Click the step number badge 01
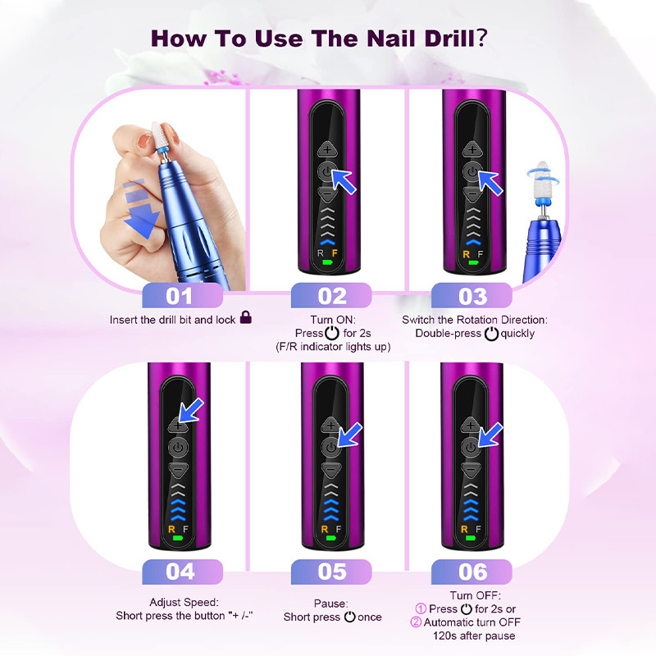tap(182, 296)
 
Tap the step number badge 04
tap(182, 572)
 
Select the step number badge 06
tap(471, 572)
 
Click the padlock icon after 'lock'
tap(246, 317)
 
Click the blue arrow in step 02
tap(344, 181)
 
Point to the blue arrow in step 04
tap(191, 410)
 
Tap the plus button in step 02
tap(327, 149)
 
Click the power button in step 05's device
tap(330, 447)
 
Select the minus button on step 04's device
tap(178, 469)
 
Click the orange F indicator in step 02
tap(335, 253)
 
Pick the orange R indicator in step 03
tap(466, 254)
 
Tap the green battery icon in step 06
tap(471, 538)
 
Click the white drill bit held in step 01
tap(158, 136)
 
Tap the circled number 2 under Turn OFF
tap(416, 622)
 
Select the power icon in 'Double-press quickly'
tap(491, 334)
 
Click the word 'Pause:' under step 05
tap(330, 604)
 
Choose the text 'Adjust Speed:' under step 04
tap(184, 602)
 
